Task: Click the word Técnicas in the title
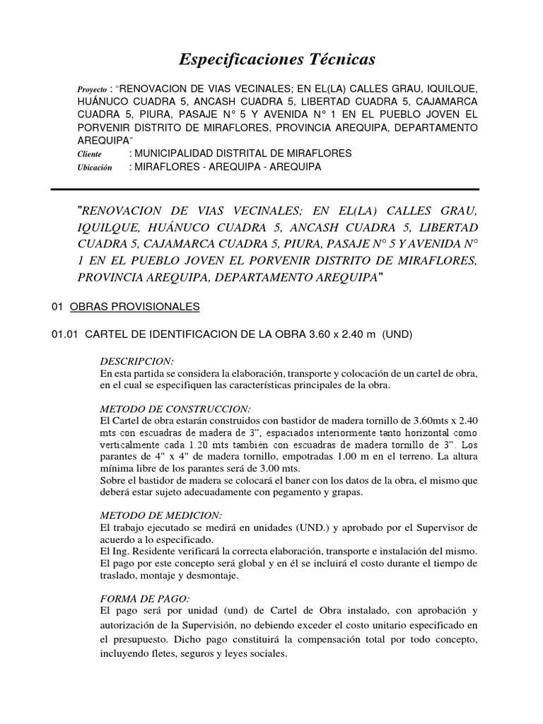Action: click(x=332, y=59)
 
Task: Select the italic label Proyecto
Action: click(x=91, y=91)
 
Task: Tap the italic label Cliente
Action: click(x=88, y=154)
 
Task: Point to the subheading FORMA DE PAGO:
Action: click(x=145, y=599)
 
